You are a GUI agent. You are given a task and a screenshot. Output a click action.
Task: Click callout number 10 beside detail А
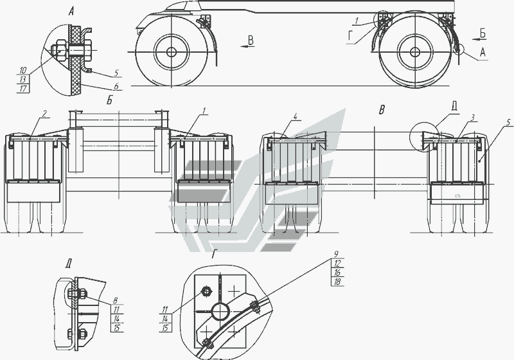22,70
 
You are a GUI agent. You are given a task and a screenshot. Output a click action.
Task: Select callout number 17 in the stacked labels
22,88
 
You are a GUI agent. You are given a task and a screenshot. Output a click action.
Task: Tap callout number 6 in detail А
116,85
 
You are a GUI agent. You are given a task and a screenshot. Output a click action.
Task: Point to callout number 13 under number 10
22,79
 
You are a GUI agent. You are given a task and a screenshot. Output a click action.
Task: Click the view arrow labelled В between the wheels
248,46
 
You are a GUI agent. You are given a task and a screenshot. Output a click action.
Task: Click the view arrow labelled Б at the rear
479,39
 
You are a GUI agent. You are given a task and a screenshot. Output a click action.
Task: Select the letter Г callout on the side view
351,37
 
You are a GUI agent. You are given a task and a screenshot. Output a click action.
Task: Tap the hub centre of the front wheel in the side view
171,52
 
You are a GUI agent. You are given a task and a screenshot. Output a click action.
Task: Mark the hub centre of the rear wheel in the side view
414,51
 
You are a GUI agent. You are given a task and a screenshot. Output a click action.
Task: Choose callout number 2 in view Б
44,113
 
